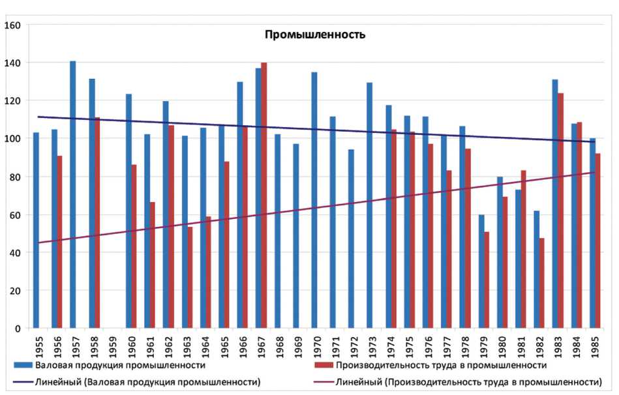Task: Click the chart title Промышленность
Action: pyautogui.click(x=314, y=35)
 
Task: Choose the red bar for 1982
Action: pyautogui.click(x=542, y=283)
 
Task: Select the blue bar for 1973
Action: pyautogui.click(x=370, y=205)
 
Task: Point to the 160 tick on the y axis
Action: pyautogui.click(x=14, y=25)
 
